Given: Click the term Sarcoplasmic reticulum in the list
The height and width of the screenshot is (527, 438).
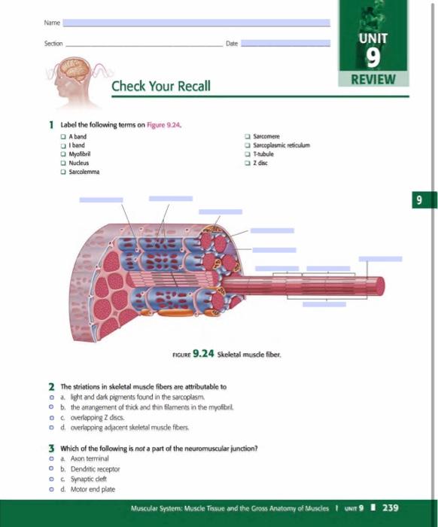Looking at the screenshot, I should point(283,145).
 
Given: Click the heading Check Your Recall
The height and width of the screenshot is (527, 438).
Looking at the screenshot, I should point(161,86).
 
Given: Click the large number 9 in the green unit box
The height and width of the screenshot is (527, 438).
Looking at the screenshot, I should point(373,57).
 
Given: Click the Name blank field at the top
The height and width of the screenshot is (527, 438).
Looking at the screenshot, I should point(196,23).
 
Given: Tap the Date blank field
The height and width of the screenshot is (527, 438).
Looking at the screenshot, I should point(285,44).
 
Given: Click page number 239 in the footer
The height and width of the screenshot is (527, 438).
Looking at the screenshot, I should point(391,507).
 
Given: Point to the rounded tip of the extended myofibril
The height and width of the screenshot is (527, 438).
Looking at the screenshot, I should point(379,286).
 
